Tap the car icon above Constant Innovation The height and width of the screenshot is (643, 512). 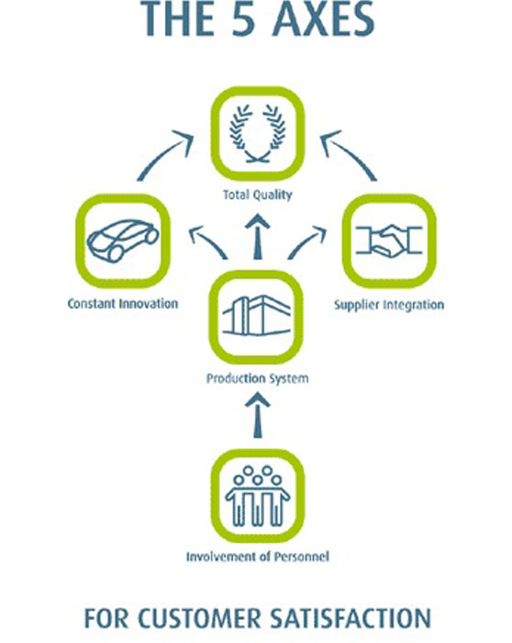[x=123, y=240]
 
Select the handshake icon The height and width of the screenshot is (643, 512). [x=389, y=241]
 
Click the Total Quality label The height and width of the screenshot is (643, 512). [x=258, y=195]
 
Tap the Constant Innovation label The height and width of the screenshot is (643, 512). [x=123, y=303]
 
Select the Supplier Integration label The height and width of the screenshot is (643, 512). [x=389, y=305]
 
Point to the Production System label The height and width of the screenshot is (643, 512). [x=257, y=378]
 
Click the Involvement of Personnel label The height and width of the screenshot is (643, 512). [x=258, y=557]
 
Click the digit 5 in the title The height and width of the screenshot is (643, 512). [x=244, y=19]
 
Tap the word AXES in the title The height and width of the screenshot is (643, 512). [x=323, y=19]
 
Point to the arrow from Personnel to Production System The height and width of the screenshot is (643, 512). [x=257, y=415]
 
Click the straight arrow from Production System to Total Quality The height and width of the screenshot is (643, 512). [x=257, y=237]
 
